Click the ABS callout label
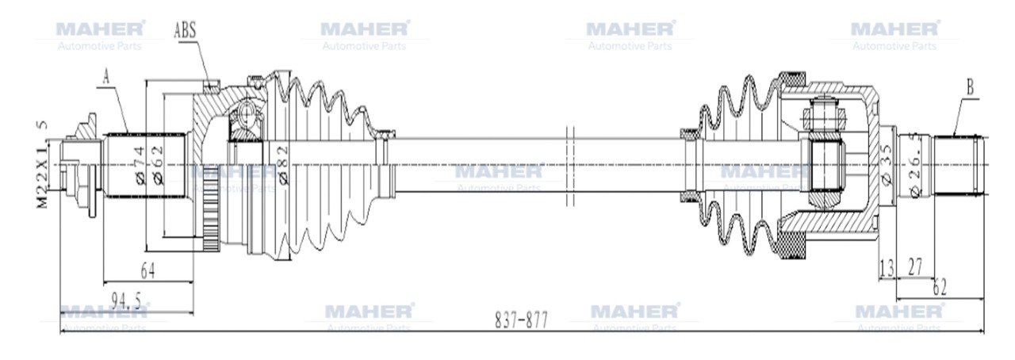tap(185, 31)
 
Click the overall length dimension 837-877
tap(521, 320)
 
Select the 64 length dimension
tap(147, 270)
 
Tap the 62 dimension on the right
tap(940, 288)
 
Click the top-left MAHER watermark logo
tap(100, 29)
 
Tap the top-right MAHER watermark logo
tap(894, 29)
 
